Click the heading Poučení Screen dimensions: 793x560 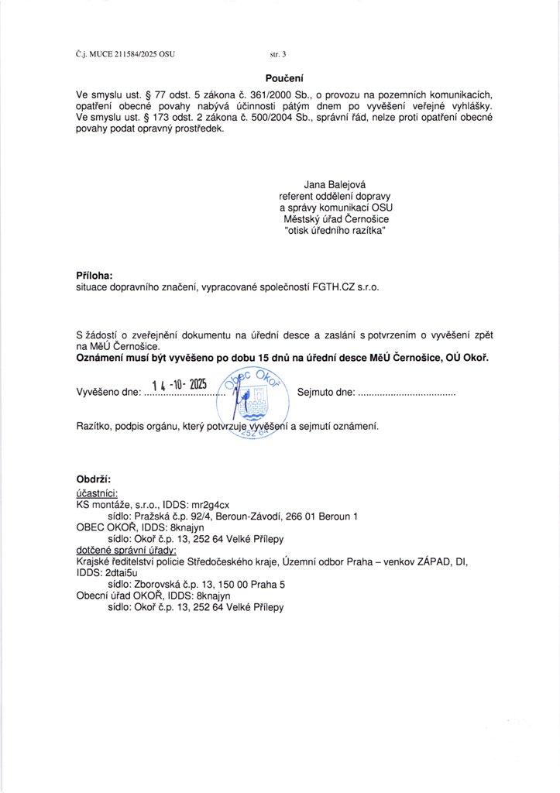coord(284,78)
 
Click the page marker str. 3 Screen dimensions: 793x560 coord(278,55)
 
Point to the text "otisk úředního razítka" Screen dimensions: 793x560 coord(335,232)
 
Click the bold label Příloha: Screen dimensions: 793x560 coord(94,275)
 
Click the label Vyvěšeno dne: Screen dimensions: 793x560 coord(108,393)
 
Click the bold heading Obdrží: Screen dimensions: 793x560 coord(94,479)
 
